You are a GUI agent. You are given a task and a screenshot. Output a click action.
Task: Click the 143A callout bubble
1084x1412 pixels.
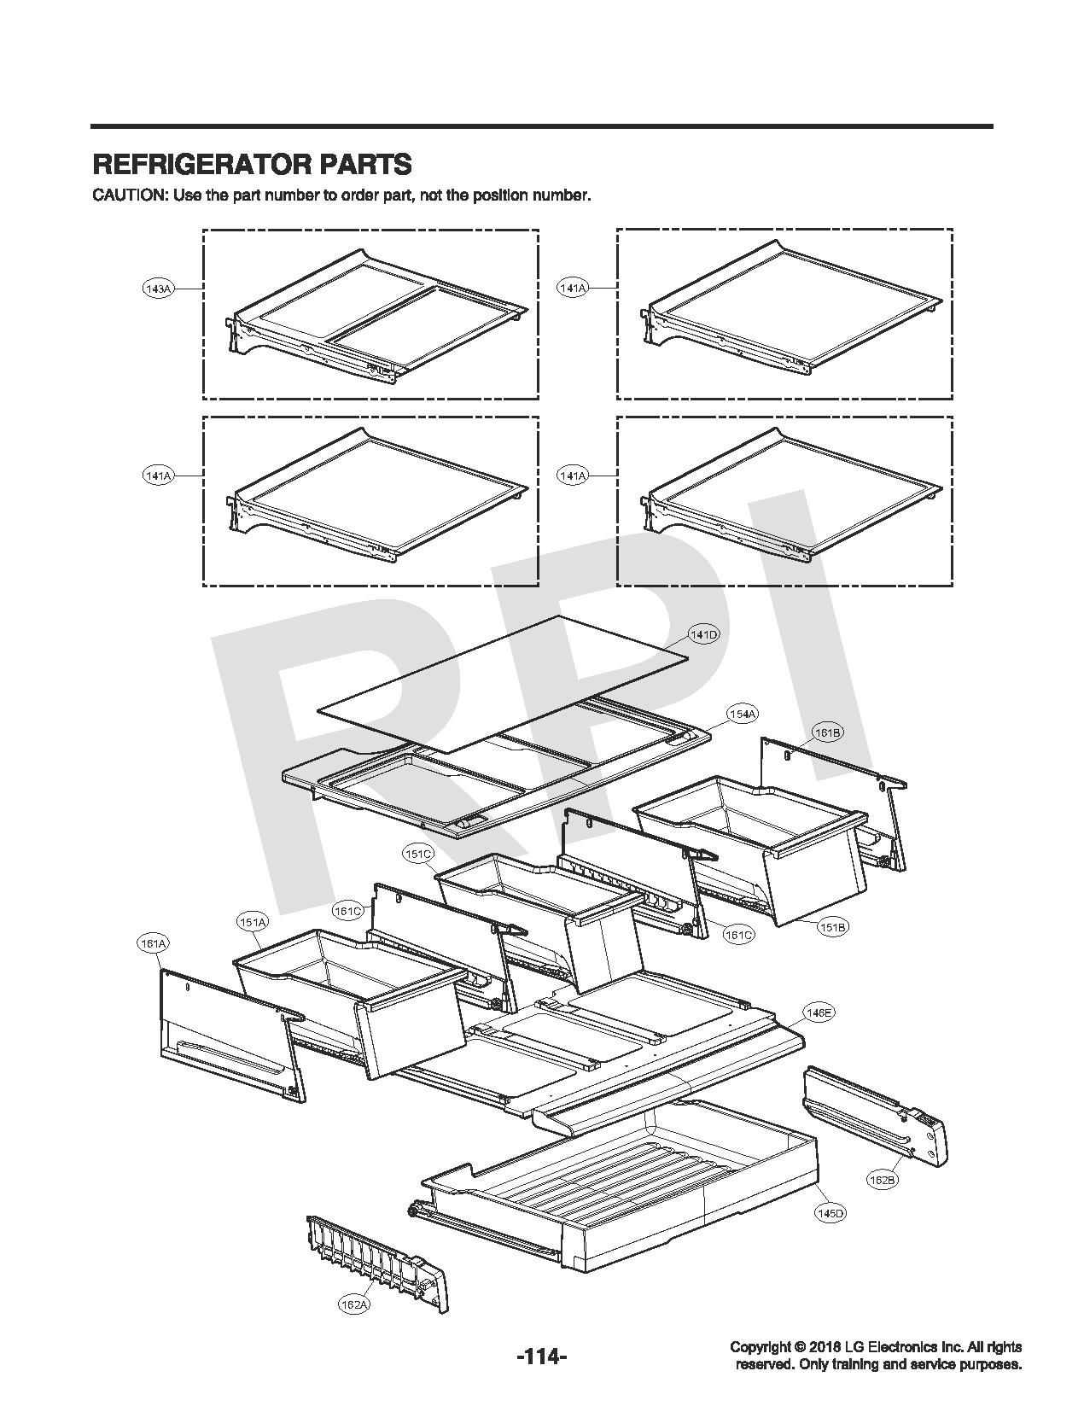click(x=158, y=289)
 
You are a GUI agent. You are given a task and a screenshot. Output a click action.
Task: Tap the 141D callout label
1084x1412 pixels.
click(x=704, y=635)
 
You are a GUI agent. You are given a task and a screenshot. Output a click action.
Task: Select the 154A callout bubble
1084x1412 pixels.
click(x=743, y=714)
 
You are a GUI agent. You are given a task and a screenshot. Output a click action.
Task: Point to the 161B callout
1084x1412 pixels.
click(x=827, y=732)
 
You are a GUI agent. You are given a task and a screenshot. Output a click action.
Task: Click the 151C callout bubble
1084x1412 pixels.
click(x=418, y=853)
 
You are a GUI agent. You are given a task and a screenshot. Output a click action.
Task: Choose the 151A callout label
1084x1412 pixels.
click(x=253, y=922)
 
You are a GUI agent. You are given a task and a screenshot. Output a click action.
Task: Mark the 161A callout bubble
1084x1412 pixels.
click(x=152, y=943)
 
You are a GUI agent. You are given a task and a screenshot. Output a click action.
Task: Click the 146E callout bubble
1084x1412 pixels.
click(x=819, y=1012)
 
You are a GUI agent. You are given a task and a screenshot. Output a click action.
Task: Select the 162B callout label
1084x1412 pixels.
click(x=882, y=1180)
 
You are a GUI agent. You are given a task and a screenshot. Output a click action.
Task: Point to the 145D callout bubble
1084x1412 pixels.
click(x=830, y=1213)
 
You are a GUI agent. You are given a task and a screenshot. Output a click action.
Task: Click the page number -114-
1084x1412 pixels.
click(x=541, y=1356)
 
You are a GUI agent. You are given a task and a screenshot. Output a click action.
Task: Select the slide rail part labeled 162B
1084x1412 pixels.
click(x=875, y=1111)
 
